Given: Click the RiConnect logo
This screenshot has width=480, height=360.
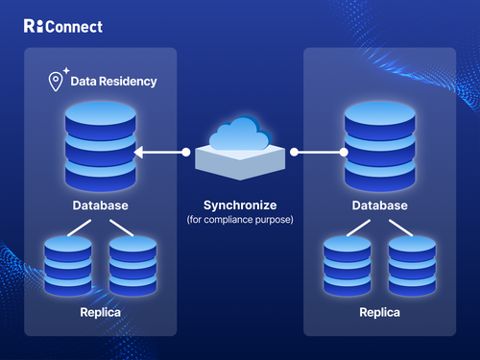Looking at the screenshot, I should coord(62,26).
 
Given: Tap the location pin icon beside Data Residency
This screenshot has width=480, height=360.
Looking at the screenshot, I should coord(56,82).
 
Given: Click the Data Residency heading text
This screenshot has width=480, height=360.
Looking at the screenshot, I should coord(113,83).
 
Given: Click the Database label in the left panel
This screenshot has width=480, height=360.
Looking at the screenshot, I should coord(101,206).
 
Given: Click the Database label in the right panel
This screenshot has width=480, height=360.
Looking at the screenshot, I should coord(380,206).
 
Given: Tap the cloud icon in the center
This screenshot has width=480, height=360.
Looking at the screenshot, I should coord(240,136).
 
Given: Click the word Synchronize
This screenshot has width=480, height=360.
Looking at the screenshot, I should coord(240,206).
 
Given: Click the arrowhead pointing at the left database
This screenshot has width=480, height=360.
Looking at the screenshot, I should coord(139,152).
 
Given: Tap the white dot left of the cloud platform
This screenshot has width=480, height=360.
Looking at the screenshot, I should coord(186,152).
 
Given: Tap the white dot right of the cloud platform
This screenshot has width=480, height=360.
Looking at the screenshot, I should coord(295,152).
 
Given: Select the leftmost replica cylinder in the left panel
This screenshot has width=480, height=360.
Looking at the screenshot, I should coord(68,264).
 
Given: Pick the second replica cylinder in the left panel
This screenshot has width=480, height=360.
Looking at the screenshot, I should coord(132,264).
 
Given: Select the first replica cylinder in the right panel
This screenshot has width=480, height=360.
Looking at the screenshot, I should coord(348,264).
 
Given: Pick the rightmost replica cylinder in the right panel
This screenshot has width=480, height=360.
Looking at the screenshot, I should coord(412,264).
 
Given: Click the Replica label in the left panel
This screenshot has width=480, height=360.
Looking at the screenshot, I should coord(101,313).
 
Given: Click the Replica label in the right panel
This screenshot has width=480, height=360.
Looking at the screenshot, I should coord(380,313).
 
